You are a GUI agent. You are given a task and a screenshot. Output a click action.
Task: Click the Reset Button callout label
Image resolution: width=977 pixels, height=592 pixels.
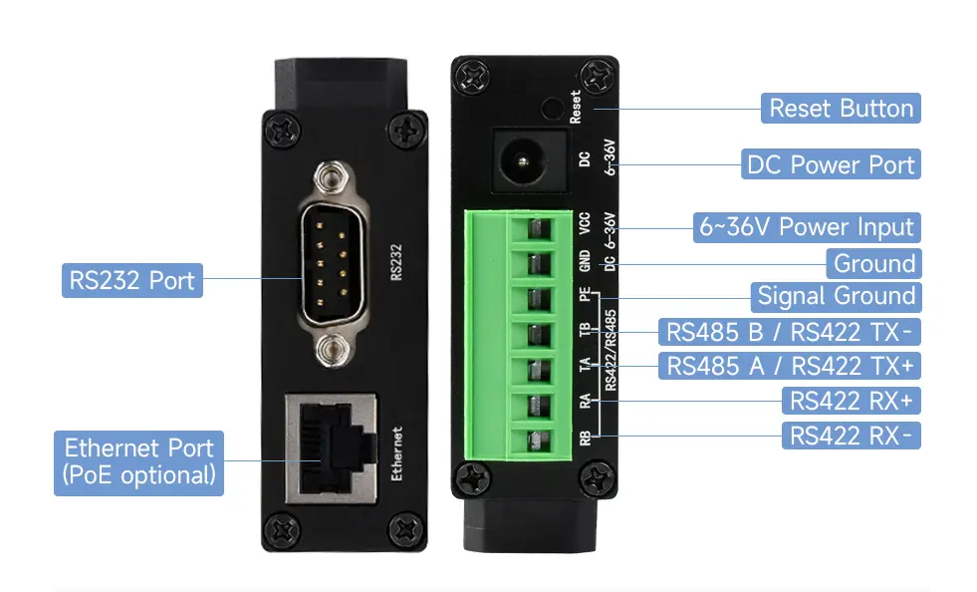tap(841, 109)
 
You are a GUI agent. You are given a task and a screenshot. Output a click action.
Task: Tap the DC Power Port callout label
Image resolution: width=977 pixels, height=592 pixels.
tap(831, 164)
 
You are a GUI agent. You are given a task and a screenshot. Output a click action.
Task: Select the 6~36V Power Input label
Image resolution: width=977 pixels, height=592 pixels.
tap(807, 227)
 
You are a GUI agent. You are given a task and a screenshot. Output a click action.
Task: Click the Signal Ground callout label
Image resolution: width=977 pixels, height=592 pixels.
tap(837, 296)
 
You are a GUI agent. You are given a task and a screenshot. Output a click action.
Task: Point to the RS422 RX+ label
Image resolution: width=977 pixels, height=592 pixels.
tap(852, 401)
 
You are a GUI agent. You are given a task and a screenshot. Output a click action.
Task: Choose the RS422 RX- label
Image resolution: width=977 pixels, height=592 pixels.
tap(852, 436)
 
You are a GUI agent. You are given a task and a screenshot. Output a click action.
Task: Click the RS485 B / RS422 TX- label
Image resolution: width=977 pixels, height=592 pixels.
tap(790, 332)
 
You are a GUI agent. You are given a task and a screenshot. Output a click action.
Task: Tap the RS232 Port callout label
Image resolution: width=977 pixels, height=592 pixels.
tap(132, 280)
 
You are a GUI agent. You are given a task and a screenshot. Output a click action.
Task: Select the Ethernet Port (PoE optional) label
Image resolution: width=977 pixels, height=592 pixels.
tap(139, 462)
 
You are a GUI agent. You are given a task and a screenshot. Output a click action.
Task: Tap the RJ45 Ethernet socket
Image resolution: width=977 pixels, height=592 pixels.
tap(332, 447)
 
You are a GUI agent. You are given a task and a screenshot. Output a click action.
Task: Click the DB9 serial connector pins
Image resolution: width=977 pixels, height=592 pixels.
tap(332, 264)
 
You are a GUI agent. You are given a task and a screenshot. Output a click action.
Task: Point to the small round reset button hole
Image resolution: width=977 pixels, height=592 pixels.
tap(552, 109)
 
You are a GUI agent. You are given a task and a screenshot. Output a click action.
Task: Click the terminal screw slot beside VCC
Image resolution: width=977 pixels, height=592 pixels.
tap(535, 228)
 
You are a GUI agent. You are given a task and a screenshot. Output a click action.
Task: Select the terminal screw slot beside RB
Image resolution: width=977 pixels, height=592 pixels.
tap(536, 441)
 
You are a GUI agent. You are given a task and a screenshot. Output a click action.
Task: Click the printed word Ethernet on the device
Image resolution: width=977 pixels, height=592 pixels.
tap(397, 453)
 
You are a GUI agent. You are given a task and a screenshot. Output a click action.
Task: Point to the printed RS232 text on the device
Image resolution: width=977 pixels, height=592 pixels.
tap(395, 262)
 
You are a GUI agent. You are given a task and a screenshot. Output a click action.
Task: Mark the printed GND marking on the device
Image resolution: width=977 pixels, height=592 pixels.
tap(585, 261)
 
